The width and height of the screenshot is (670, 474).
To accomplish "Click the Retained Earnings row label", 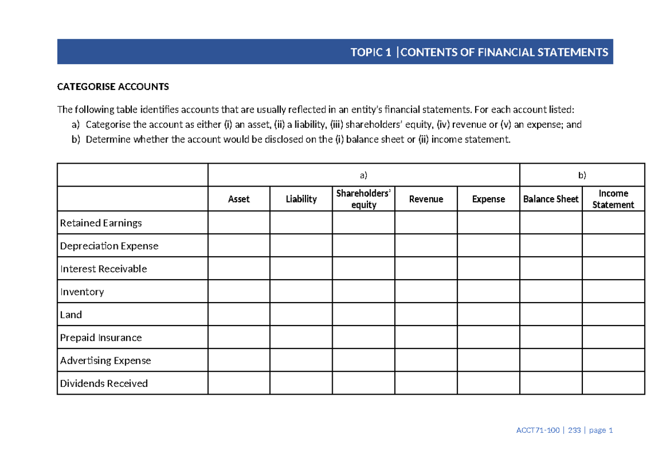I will click(x=101, y=223).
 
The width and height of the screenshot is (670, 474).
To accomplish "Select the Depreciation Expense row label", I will click(x=109, y=246).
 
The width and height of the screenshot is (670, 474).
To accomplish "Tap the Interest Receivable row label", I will click(x=103, y=269).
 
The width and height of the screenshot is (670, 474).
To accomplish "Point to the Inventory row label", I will click(x=82, y=291).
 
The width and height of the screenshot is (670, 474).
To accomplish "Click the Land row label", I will click(x=71, y=314).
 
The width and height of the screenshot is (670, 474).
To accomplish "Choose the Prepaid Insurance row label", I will click(x=100, y=337).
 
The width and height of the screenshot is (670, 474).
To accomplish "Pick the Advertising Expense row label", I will click(x=106, y=360).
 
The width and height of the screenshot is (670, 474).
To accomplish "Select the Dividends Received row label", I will click(x=104, y=383).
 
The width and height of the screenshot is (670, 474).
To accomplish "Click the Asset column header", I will click(x=239, y=199).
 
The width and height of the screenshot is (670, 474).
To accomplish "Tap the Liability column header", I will click(x=301, y=199).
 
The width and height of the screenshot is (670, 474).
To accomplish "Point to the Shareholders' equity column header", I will click(x=363, y=199).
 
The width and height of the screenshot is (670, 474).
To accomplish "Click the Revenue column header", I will click(x=426, y=199).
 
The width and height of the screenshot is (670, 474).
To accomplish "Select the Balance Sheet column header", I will click(x=551, y=199).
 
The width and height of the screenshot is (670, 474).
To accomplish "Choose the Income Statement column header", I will click(x=613, y=199).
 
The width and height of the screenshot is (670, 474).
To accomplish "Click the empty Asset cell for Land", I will click(x=239, y=314).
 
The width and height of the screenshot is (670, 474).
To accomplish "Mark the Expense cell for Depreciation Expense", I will click(x=489, y=246).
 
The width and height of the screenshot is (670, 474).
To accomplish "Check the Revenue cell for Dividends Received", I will click(x=426, y=383).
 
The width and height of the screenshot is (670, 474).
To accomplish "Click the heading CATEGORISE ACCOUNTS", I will click(x=113, y=87).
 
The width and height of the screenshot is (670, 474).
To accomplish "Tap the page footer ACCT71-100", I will click(x=538, y=430).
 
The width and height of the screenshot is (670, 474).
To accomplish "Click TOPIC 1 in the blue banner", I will click(x=370, y=52).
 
